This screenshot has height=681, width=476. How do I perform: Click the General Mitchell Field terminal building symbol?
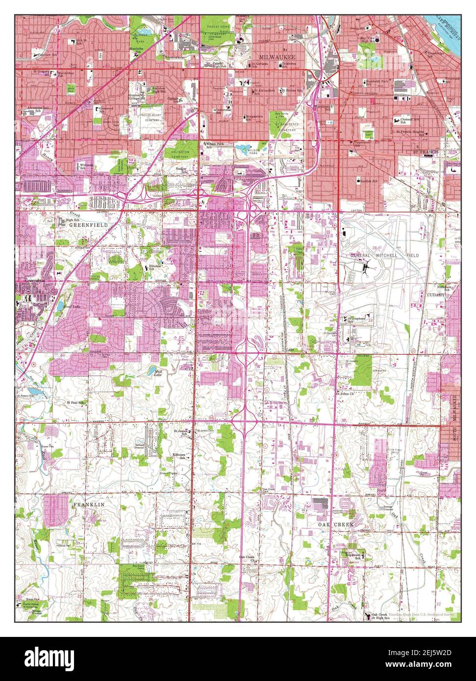[367, 268]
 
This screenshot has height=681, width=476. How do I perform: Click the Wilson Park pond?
[244, 147]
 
